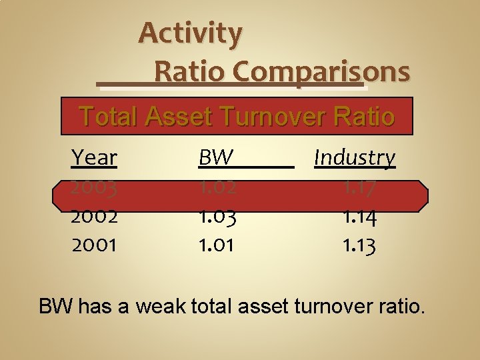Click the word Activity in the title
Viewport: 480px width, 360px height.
[191, 33]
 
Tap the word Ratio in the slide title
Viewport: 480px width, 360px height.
[191, 71]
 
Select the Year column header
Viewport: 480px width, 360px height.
[94, 158]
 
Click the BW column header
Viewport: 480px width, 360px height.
[215, 158]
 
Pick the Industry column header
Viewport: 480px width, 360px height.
[355, 158]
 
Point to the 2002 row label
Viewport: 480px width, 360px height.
[94, 216]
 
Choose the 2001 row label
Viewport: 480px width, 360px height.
[94, 245]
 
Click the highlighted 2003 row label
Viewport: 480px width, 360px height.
[94, 188]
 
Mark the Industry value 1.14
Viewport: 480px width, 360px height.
[359, 216]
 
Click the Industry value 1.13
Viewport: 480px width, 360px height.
[359, 245]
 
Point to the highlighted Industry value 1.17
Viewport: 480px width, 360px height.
[359, 188]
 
